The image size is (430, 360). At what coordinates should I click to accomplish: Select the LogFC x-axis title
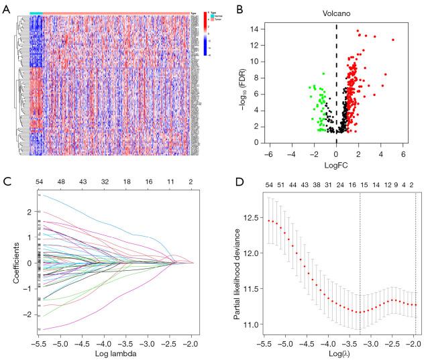(335, 165)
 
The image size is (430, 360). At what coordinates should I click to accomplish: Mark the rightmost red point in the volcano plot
(393, 40)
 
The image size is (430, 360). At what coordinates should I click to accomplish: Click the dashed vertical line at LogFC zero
(336, 80)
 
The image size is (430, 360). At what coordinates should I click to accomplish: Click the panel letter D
(223, 182)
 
